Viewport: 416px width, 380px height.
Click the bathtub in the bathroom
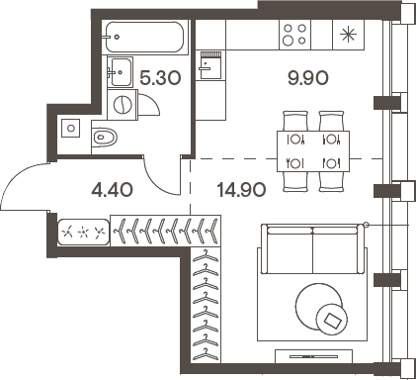(144, 36)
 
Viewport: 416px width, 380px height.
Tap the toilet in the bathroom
(105, 136)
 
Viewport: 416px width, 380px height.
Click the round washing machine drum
(122, 104)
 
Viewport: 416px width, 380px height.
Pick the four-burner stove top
(293, 34)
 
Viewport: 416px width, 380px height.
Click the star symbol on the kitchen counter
(348, 34)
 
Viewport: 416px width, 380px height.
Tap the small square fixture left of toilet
(70, 127)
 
